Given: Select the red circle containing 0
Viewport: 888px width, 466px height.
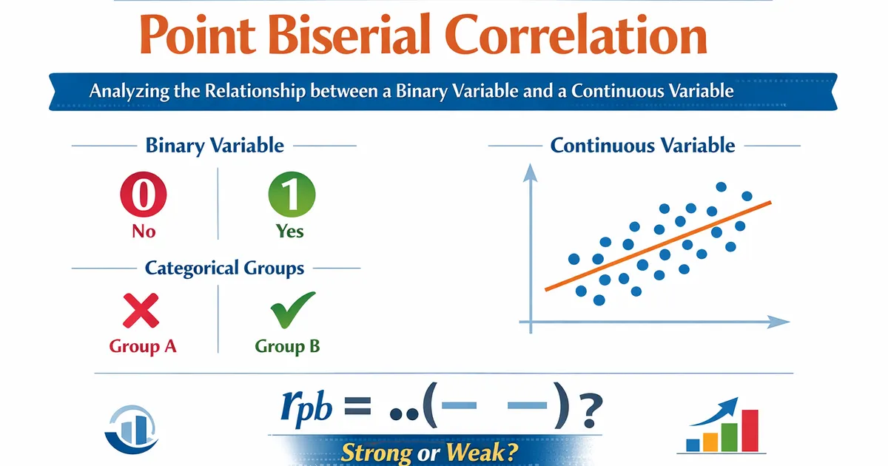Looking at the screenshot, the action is (x=144, y=194).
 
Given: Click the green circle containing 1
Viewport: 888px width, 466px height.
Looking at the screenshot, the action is (x=292, y=194).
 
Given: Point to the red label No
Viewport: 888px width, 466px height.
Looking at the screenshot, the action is (x=144, y=232).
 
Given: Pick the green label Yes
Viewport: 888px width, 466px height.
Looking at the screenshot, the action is (x=290, y=232).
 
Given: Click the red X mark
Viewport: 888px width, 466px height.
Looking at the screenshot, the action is (x=141, y=311).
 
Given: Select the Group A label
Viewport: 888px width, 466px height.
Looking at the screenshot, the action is (x=143, y=346).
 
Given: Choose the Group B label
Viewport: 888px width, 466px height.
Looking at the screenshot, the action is (x=287, y=346).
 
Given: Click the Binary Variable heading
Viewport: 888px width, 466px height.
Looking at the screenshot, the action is (x=215, y=146).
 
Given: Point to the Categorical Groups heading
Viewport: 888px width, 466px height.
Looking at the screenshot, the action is (x=224, y=269).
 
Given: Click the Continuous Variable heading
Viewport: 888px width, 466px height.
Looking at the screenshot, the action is (x=642, y=146).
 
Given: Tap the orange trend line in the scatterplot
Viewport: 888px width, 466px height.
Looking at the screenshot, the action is (x=658, y=246).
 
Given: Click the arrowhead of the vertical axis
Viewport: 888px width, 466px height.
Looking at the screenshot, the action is (x=530, y=173).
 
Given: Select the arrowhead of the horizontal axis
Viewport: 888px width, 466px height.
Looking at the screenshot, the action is (x=778, y=322).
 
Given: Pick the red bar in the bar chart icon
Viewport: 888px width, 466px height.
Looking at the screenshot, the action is (x=750, y=430).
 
